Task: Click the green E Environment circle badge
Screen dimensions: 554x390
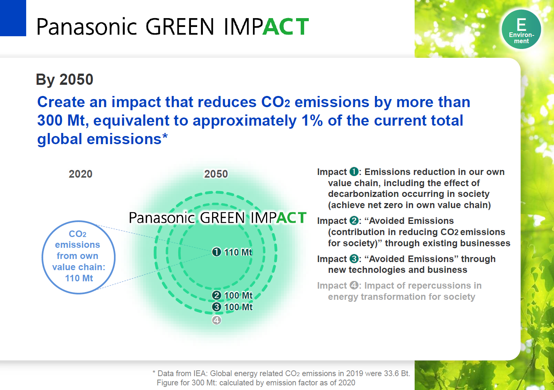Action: pos(521,29)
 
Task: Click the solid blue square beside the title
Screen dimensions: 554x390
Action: pos(13,18)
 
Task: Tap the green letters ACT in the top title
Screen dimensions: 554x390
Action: pos(286,27)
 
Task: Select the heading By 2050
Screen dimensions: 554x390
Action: pos(65,80)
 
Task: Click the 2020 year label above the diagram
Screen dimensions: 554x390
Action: pos(80,174)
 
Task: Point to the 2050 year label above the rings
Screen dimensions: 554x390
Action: pos(216,174)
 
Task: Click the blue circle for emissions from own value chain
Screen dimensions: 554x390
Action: pos(79,257)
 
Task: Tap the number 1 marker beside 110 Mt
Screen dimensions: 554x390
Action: pos(216,252)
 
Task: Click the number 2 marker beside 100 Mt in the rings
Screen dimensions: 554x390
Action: pos(216,295)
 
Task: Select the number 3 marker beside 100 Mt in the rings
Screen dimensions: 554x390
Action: pos(216,307)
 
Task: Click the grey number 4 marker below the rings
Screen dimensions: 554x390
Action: pos(216,320)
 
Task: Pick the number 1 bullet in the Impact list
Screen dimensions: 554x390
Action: pos(354,171)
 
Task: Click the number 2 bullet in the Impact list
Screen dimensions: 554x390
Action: pos(354,220)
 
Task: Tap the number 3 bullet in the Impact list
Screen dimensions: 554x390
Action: pos(354,259)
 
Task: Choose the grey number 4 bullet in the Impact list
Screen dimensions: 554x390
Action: pos(354,285)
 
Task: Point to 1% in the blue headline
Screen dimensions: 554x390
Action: pos(312,121)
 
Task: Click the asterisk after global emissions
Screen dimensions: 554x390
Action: pos(165,136)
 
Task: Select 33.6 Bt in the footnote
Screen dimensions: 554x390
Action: pos(397,373)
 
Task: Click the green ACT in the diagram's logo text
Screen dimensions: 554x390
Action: pos(291,218)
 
